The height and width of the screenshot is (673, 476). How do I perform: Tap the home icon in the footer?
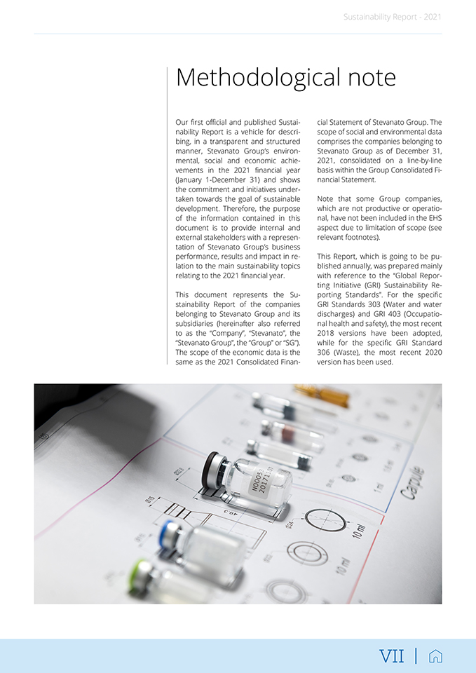(435, 656)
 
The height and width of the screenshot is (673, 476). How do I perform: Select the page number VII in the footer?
(392, 656)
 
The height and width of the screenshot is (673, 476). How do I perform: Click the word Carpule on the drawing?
(412, 483)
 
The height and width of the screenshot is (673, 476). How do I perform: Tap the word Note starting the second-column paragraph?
(327, 198)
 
